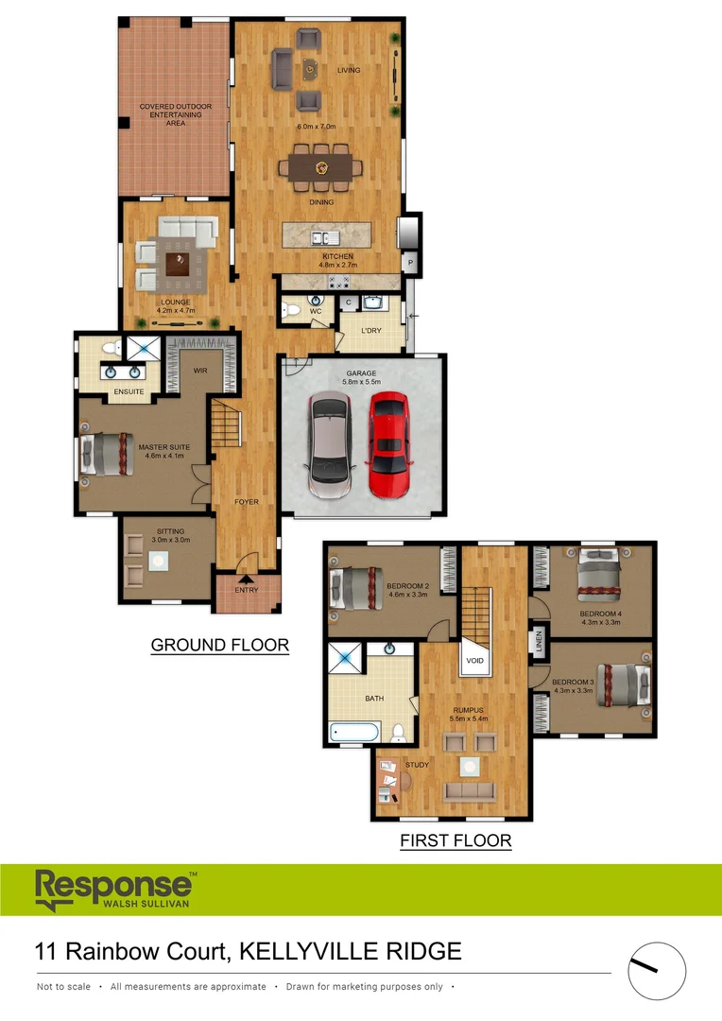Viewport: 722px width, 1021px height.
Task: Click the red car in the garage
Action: tap(387, 445)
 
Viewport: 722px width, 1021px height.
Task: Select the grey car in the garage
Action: tap(329, 446)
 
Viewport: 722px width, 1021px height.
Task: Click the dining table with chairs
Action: tap(320, 168)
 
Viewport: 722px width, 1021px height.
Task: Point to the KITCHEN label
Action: tap(337, 256)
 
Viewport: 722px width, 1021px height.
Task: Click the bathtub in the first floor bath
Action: tap(354, 734)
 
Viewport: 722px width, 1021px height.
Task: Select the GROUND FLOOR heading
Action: tap(219, 646)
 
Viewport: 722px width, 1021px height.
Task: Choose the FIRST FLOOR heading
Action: tap(456, 840)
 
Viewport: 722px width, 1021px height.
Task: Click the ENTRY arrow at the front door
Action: tap(246, 581)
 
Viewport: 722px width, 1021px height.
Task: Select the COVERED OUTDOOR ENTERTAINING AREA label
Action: tap(175, 114)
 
